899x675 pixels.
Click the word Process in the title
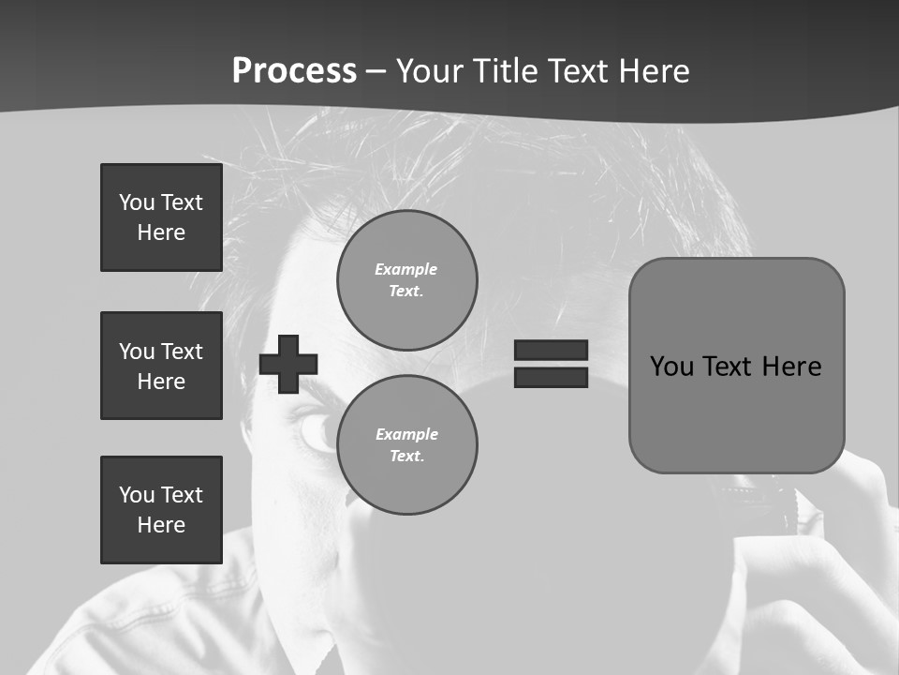pyautogui.click(x=294, y=71)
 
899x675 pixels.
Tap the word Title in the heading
pyautogui.click(x=502, y=71)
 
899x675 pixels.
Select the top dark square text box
pyautogui.click(x=161, y=217)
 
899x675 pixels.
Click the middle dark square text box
pyautogui.click(x=161, y=366)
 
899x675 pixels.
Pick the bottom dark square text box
pyautogui.click(x=161, y=510)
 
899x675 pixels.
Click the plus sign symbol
pyautogui.click(x=288, y=364)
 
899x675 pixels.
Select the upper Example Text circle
pyautogui.click(x=406, y=279)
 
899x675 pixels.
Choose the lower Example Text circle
pyautogui.click(x=406, y=444)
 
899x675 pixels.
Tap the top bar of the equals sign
pyautogui.click(x=551, y=351)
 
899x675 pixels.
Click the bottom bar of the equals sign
pyautogui.click(x=551, y=377)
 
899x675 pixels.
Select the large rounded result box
pyautogui.click(x=736, y=366)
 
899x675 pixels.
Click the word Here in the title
pyautogui.click(x=653, y=71)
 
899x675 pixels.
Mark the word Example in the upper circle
pyautogui.click(x=406, y=269)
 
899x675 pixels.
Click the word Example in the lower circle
pyautogui.click(x=406, y=434)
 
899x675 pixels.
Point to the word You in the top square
pyautogui.click(x=137, y=202)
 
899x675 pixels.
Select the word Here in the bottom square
pyautogui.click(x=161, y=525)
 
